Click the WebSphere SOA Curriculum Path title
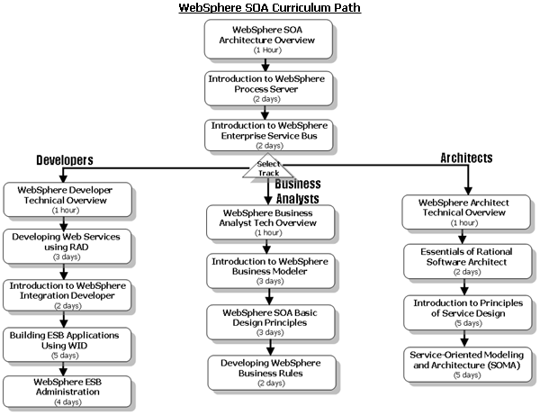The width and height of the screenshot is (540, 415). pos(270,7)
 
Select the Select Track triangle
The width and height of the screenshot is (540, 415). pos(268,167)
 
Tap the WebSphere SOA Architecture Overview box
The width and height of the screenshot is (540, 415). pos(268,39)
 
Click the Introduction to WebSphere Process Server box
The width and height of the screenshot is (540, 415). pos(268,88)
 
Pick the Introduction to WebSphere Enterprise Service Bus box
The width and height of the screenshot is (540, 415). pos(268,135)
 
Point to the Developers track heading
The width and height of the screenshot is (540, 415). pos(65,160)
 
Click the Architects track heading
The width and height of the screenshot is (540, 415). pos(466,158)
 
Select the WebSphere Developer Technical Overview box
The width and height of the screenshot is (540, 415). pos(67,200)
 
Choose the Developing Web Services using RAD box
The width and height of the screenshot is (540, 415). pos(67,247)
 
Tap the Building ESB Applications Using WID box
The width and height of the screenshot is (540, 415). pos(67,345)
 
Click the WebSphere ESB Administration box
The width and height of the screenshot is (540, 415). pos(67,392)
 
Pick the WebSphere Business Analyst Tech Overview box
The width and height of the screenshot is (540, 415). pos(270,222)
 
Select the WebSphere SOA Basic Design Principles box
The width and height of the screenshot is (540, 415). pos(271,322)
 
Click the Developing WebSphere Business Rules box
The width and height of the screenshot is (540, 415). pos(272,373)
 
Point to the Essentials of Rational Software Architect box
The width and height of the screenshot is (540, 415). pos(468,261)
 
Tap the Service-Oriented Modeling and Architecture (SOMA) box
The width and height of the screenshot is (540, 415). pos(468,365)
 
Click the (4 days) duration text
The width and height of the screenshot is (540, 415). pos(67,401)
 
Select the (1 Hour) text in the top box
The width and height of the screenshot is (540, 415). pos(267,50)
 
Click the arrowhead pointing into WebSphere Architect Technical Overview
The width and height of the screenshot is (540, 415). pos(468,191)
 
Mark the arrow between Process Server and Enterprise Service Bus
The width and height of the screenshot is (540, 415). pos(265,113)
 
